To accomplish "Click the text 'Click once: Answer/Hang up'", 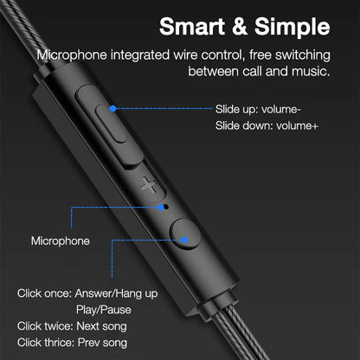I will [87, 292].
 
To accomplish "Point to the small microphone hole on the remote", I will [165, 207].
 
